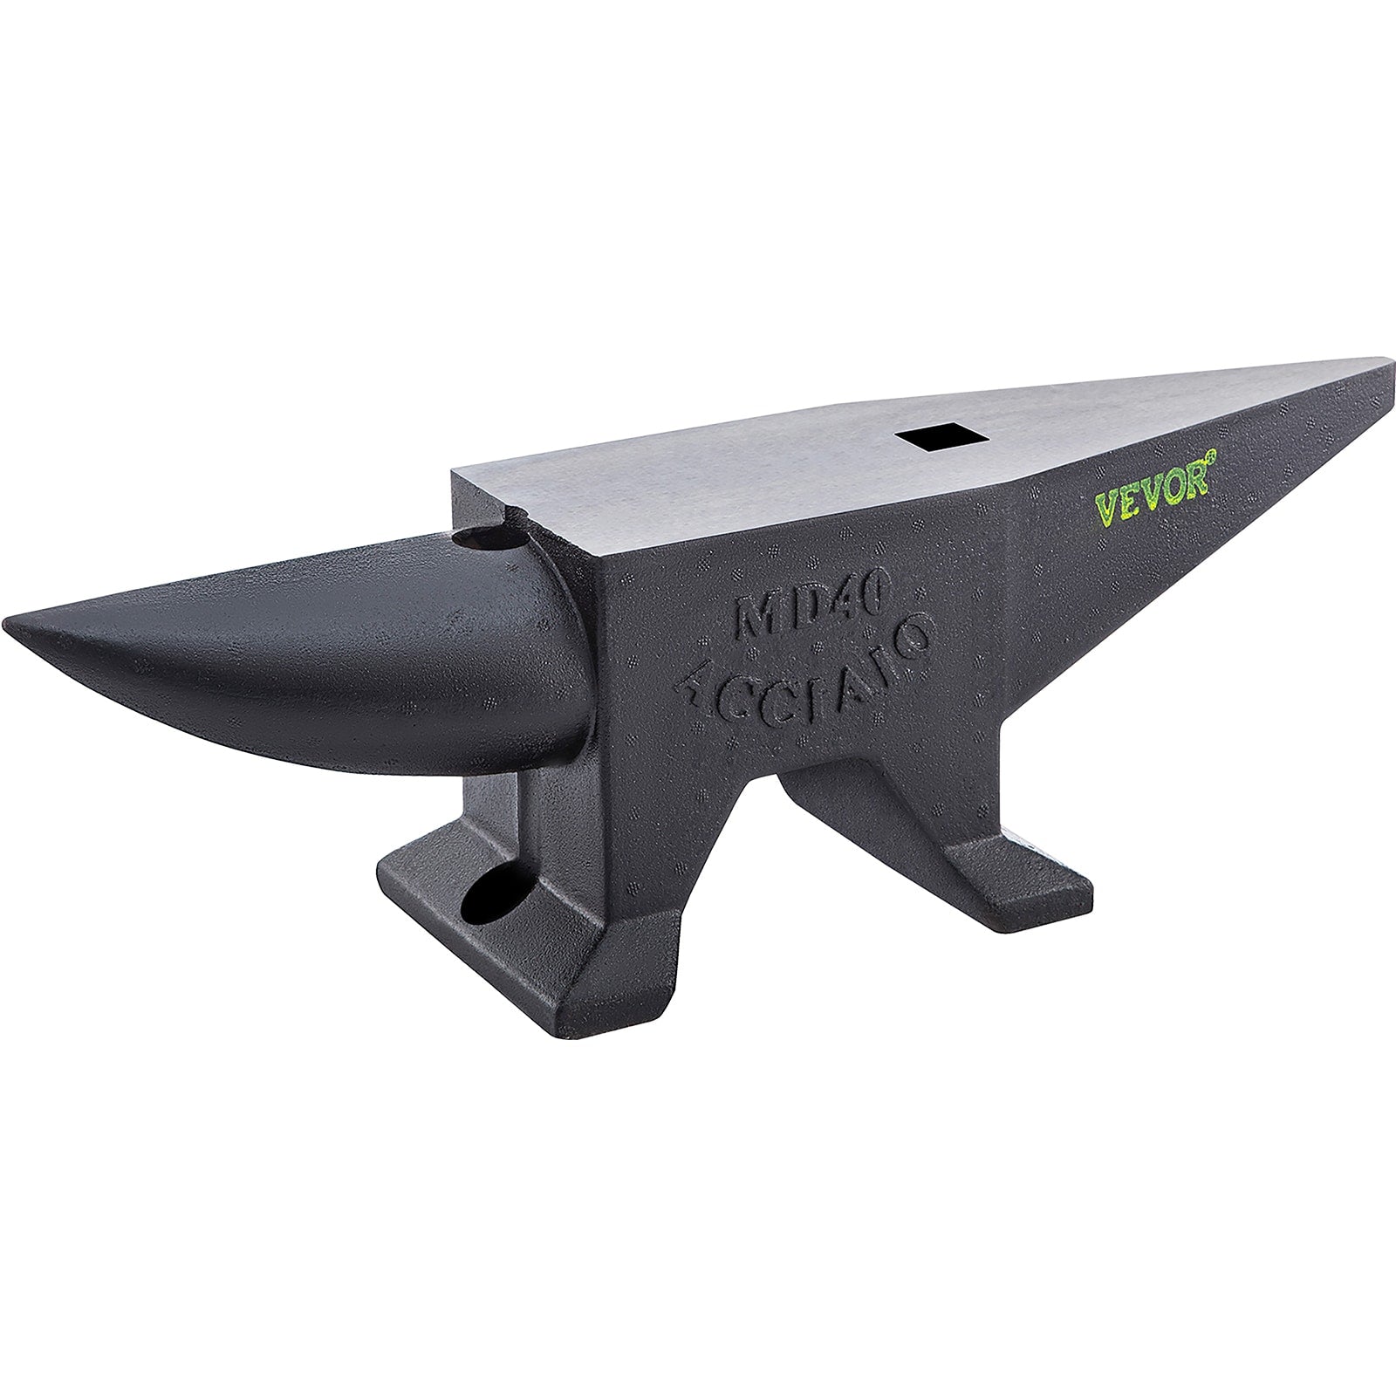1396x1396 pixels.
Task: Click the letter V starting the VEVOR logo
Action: tap(1105, 509)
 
